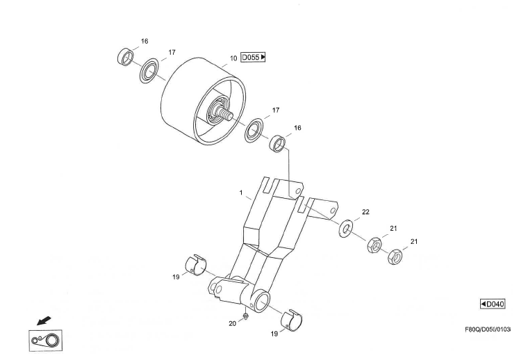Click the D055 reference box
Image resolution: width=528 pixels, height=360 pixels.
click(x=253, y=57)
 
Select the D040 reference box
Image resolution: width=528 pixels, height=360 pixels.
click(x=493, y=304)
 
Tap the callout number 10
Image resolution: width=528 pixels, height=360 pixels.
click(x=233, y=58)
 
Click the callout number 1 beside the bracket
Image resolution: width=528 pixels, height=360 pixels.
click(x=241, y=193)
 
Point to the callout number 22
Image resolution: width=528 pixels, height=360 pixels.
click(x=365, y=212)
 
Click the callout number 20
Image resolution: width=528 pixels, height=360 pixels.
click(x=232, y=324)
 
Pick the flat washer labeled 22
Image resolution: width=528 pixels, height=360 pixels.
click(x=345, y=229)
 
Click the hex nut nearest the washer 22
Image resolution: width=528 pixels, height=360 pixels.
click(x=374, y=245)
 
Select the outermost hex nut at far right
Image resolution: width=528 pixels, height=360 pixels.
click(x=395, y=257)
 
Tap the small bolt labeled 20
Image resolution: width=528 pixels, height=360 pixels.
click(x=246, y=316)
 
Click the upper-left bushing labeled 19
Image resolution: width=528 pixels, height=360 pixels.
click(x=196, y=265)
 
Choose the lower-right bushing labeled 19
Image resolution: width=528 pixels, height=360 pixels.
click(x=292, y=320)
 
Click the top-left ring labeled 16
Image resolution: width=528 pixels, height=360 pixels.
click(x=125, y=57)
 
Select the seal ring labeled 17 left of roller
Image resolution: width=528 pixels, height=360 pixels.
click(x=149, y=71)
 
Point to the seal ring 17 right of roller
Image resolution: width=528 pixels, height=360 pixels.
click(x=254, y=130)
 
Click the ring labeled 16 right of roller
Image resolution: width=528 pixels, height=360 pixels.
click(x=278, y=143)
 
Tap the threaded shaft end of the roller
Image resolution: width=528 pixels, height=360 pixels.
click(x=226, y=113)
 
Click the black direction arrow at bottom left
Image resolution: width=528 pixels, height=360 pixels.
click(x=44, y=320)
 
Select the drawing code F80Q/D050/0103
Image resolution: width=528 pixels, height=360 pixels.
click(x=488, y=329)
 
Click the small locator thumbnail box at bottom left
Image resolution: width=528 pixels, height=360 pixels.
click(x=45, y=341)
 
